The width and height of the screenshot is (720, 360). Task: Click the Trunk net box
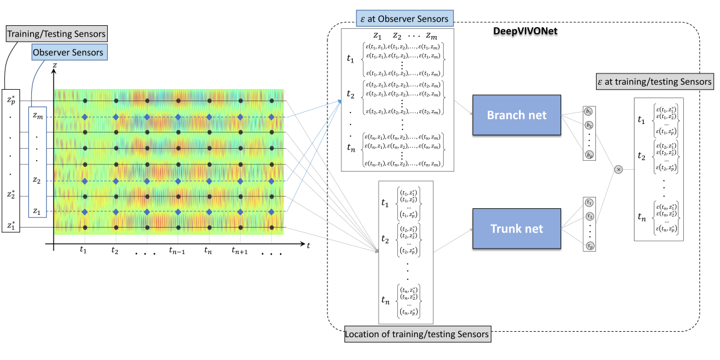[516, 229]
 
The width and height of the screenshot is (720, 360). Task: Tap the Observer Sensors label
[68, 52]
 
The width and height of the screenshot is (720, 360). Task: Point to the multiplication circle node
[618, 170]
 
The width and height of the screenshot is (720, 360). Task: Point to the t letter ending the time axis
[308, 246]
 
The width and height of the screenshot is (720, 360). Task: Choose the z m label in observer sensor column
[37, 115]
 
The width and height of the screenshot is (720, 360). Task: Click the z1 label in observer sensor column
[37, 211]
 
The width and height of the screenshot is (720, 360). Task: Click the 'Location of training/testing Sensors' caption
[417, 333]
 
